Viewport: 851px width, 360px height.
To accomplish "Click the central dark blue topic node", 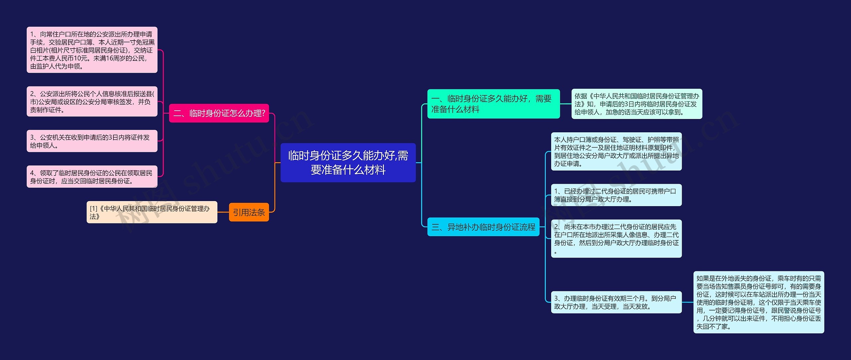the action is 348,163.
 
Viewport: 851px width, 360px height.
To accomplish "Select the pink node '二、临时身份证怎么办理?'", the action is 219,113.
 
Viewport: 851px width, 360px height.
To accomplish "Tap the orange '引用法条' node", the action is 249,212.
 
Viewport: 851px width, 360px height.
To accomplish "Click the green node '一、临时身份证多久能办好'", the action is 493,104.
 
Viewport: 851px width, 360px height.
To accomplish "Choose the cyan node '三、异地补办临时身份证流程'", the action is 483,227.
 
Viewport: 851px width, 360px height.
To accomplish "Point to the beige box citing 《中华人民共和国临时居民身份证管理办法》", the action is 152,212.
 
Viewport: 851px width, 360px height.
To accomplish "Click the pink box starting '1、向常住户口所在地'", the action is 92,50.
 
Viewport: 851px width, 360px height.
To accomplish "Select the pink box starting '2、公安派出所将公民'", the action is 92,101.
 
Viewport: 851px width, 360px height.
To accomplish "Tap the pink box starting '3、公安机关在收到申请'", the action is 92,141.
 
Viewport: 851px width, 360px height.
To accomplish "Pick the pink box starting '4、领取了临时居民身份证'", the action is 92,177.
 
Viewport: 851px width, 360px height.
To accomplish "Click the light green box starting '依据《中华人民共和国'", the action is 637,104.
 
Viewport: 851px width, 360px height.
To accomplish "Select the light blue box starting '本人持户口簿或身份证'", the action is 616,152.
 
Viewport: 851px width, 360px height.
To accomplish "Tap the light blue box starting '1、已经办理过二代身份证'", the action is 616,195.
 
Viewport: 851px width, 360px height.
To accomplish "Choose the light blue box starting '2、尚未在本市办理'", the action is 616,239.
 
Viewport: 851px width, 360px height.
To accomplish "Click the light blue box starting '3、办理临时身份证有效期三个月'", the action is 616,302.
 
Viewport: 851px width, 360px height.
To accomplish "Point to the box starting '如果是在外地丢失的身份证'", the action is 759,302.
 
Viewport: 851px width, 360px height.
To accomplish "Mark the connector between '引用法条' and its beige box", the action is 223,212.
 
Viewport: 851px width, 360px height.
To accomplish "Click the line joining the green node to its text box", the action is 565,104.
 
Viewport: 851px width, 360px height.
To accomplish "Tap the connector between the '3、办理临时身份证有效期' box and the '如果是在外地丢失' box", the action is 687,302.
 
